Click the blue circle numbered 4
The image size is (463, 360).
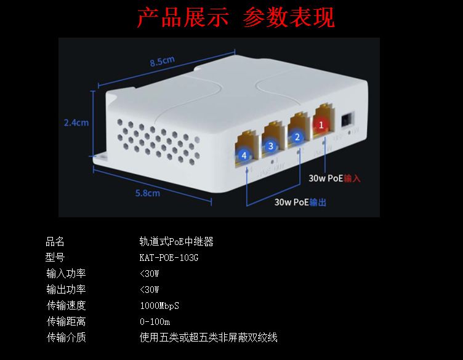pos(244,155)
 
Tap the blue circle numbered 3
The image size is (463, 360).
pos(270,146)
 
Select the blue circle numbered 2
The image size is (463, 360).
pos(297,137)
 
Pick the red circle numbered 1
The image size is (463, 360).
pos(320,125)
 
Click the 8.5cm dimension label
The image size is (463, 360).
pos(163,60)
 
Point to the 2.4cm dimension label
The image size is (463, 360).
pos(76,122)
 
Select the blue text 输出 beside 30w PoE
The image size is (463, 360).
pos(318,202)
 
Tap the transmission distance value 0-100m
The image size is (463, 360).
pos(155,322)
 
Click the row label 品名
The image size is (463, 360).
pos(55,242)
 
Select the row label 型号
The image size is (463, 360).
pos(55,258)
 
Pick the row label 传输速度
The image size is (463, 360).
pos(66,306)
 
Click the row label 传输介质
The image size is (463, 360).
pos(66,337)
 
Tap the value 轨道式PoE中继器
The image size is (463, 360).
pos(177,242)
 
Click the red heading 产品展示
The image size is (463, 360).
pos(182,18)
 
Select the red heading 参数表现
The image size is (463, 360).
pos(289,18)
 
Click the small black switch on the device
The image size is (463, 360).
pos(347,118)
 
